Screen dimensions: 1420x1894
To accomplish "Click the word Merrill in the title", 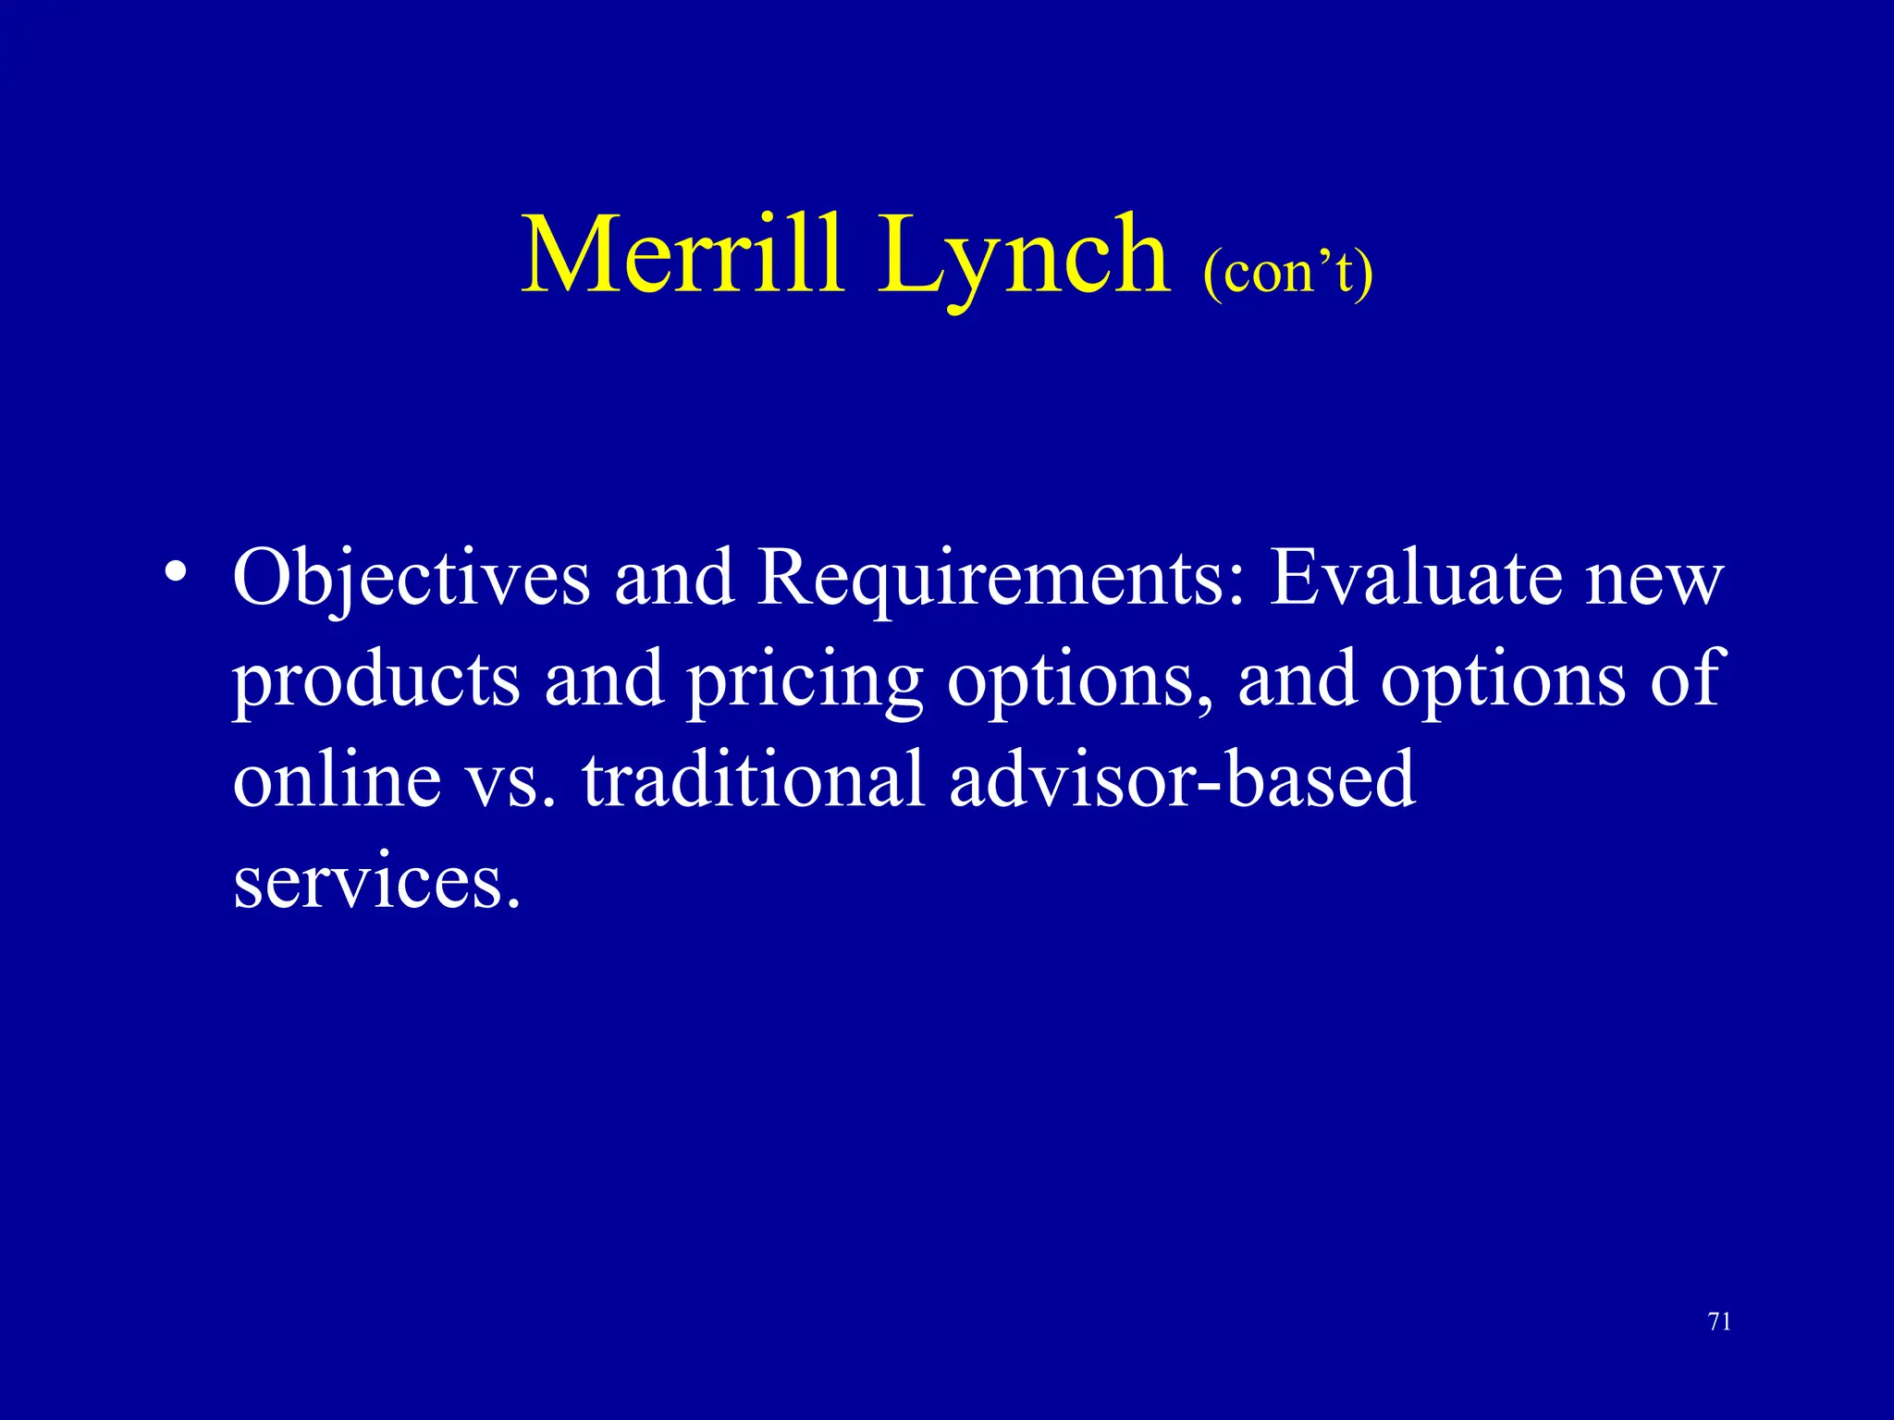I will point(683,253).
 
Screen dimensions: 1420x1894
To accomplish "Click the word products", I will point(375,679).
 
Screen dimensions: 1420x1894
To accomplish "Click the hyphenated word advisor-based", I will point(1182,779).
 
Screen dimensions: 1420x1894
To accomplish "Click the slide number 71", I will point(1719,1322).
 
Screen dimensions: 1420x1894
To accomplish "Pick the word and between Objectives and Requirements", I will point(673,578).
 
